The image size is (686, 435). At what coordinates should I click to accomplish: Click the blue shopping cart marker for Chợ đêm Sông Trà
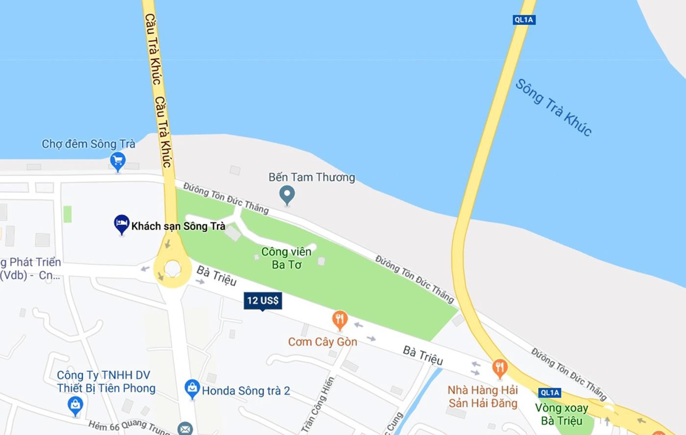(118, 161)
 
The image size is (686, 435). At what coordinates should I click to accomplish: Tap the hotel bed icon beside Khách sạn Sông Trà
(121, 224)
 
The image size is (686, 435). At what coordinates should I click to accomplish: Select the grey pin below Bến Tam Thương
(287, 194)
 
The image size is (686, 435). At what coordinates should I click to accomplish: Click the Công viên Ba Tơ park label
(286, 258)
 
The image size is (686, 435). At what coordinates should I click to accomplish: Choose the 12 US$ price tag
(263, 301)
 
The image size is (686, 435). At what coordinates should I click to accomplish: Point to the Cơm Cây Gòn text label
(322, 342)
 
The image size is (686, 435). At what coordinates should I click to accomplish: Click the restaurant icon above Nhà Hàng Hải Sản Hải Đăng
(499, 368)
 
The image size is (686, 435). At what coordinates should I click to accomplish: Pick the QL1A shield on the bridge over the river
(524, 20)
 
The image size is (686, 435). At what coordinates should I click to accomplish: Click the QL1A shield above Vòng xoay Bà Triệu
(549, 392)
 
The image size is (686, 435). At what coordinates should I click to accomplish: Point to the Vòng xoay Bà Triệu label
(562, 414)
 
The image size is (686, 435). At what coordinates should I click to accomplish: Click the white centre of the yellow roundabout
(172, 268)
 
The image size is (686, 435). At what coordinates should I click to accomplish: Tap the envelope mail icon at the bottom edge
(185, 429)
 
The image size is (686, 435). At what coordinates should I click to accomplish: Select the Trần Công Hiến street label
(318, 404)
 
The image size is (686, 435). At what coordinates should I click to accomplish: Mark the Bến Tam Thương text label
(312, 177)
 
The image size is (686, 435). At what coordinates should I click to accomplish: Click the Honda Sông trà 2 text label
(246, 391)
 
